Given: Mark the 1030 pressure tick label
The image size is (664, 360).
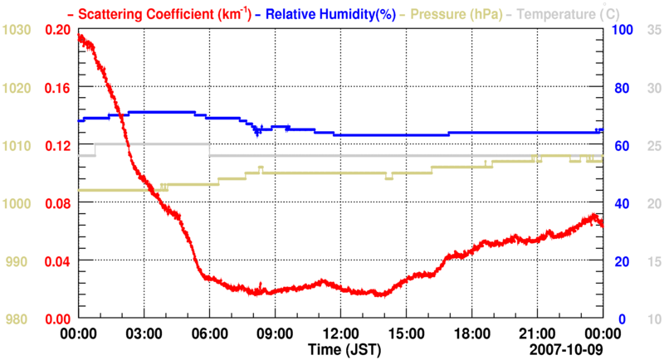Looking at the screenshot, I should (17, 29).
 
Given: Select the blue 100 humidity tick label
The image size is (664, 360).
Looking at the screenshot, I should (622, 29).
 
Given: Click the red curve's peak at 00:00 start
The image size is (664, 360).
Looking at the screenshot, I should (80, 36).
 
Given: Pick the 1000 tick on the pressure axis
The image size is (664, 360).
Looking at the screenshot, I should (17, 203).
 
